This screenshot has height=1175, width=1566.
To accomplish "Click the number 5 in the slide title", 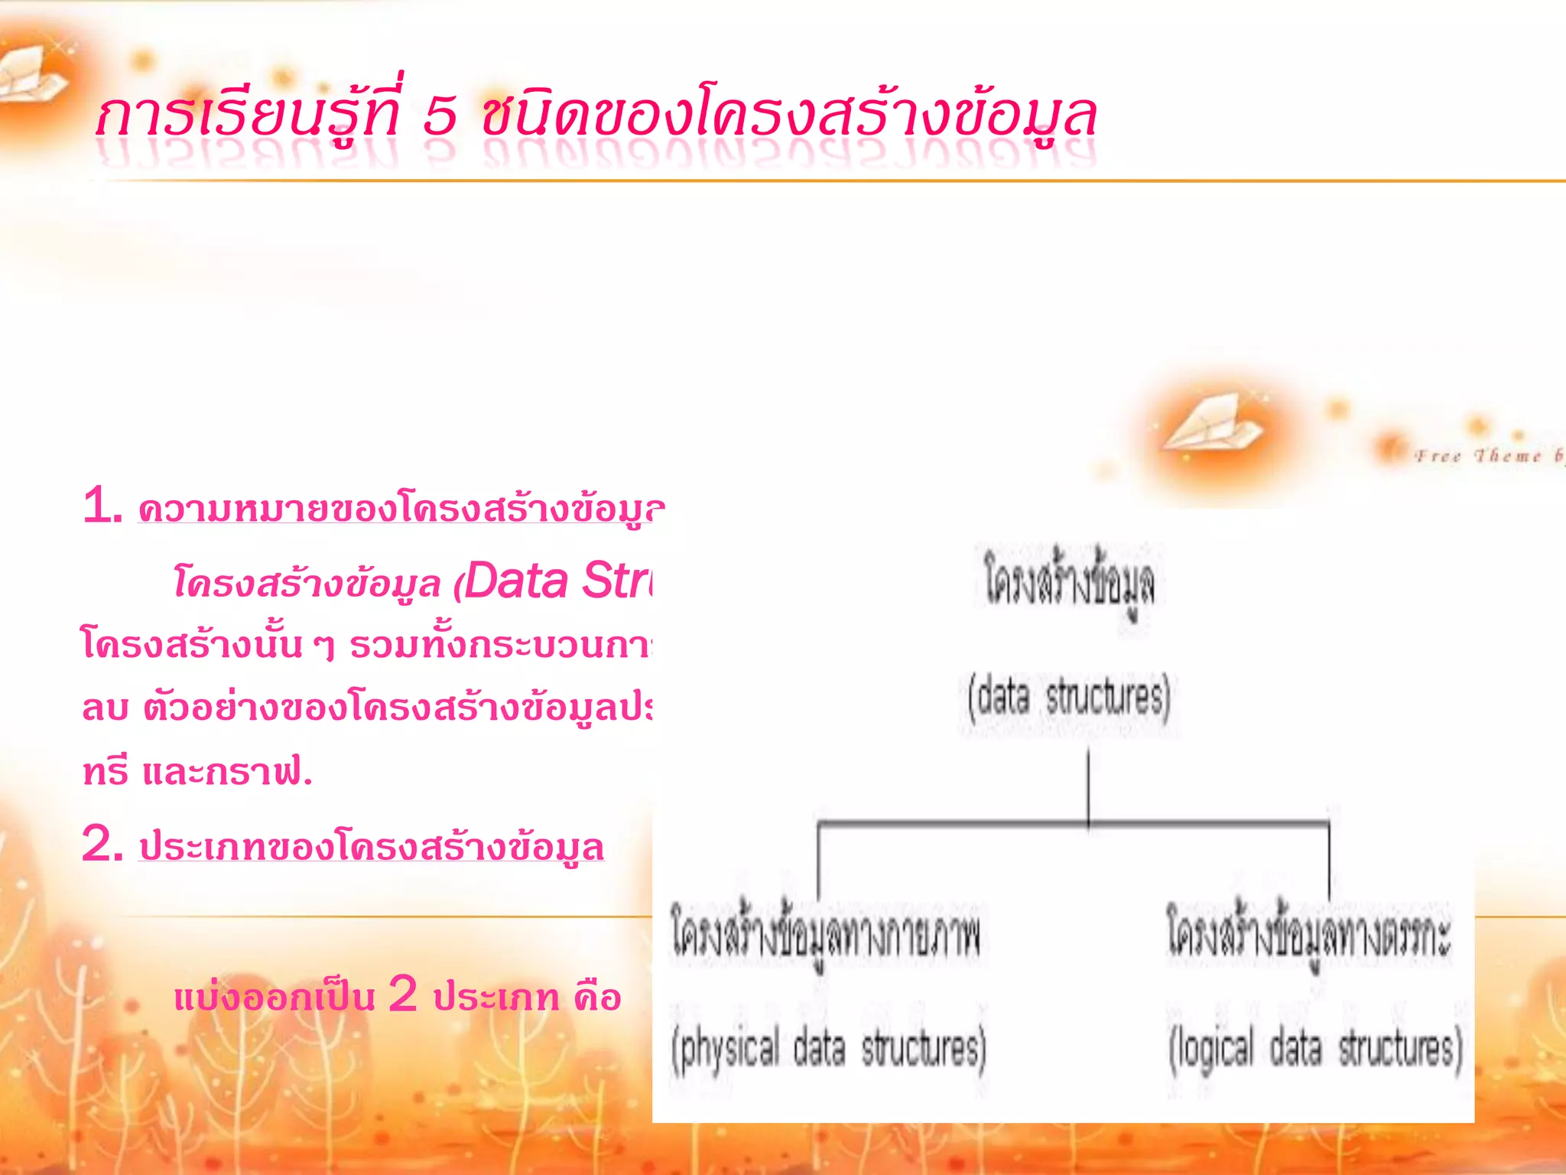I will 440,117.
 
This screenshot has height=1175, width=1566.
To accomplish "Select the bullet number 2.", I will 101,845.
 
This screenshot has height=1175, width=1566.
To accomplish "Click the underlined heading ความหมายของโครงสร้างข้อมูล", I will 401,509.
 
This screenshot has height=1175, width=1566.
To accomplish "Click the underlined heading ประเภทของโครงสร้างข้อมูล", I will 372,847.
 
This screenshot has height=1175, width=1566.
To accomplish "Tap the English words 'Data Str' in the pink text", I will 558,581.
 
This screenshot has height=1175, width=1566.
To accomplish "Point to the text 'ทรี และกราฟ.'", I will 197,771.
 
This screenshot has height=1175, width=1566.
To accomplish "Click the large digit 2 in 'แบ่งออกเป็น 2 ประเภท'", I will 403,995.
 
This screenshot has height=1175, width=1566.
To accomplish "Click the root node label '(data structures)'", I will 1068,697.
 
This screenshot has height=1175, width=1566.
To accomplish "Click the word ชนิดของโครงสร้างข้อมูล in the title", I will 788,117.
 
